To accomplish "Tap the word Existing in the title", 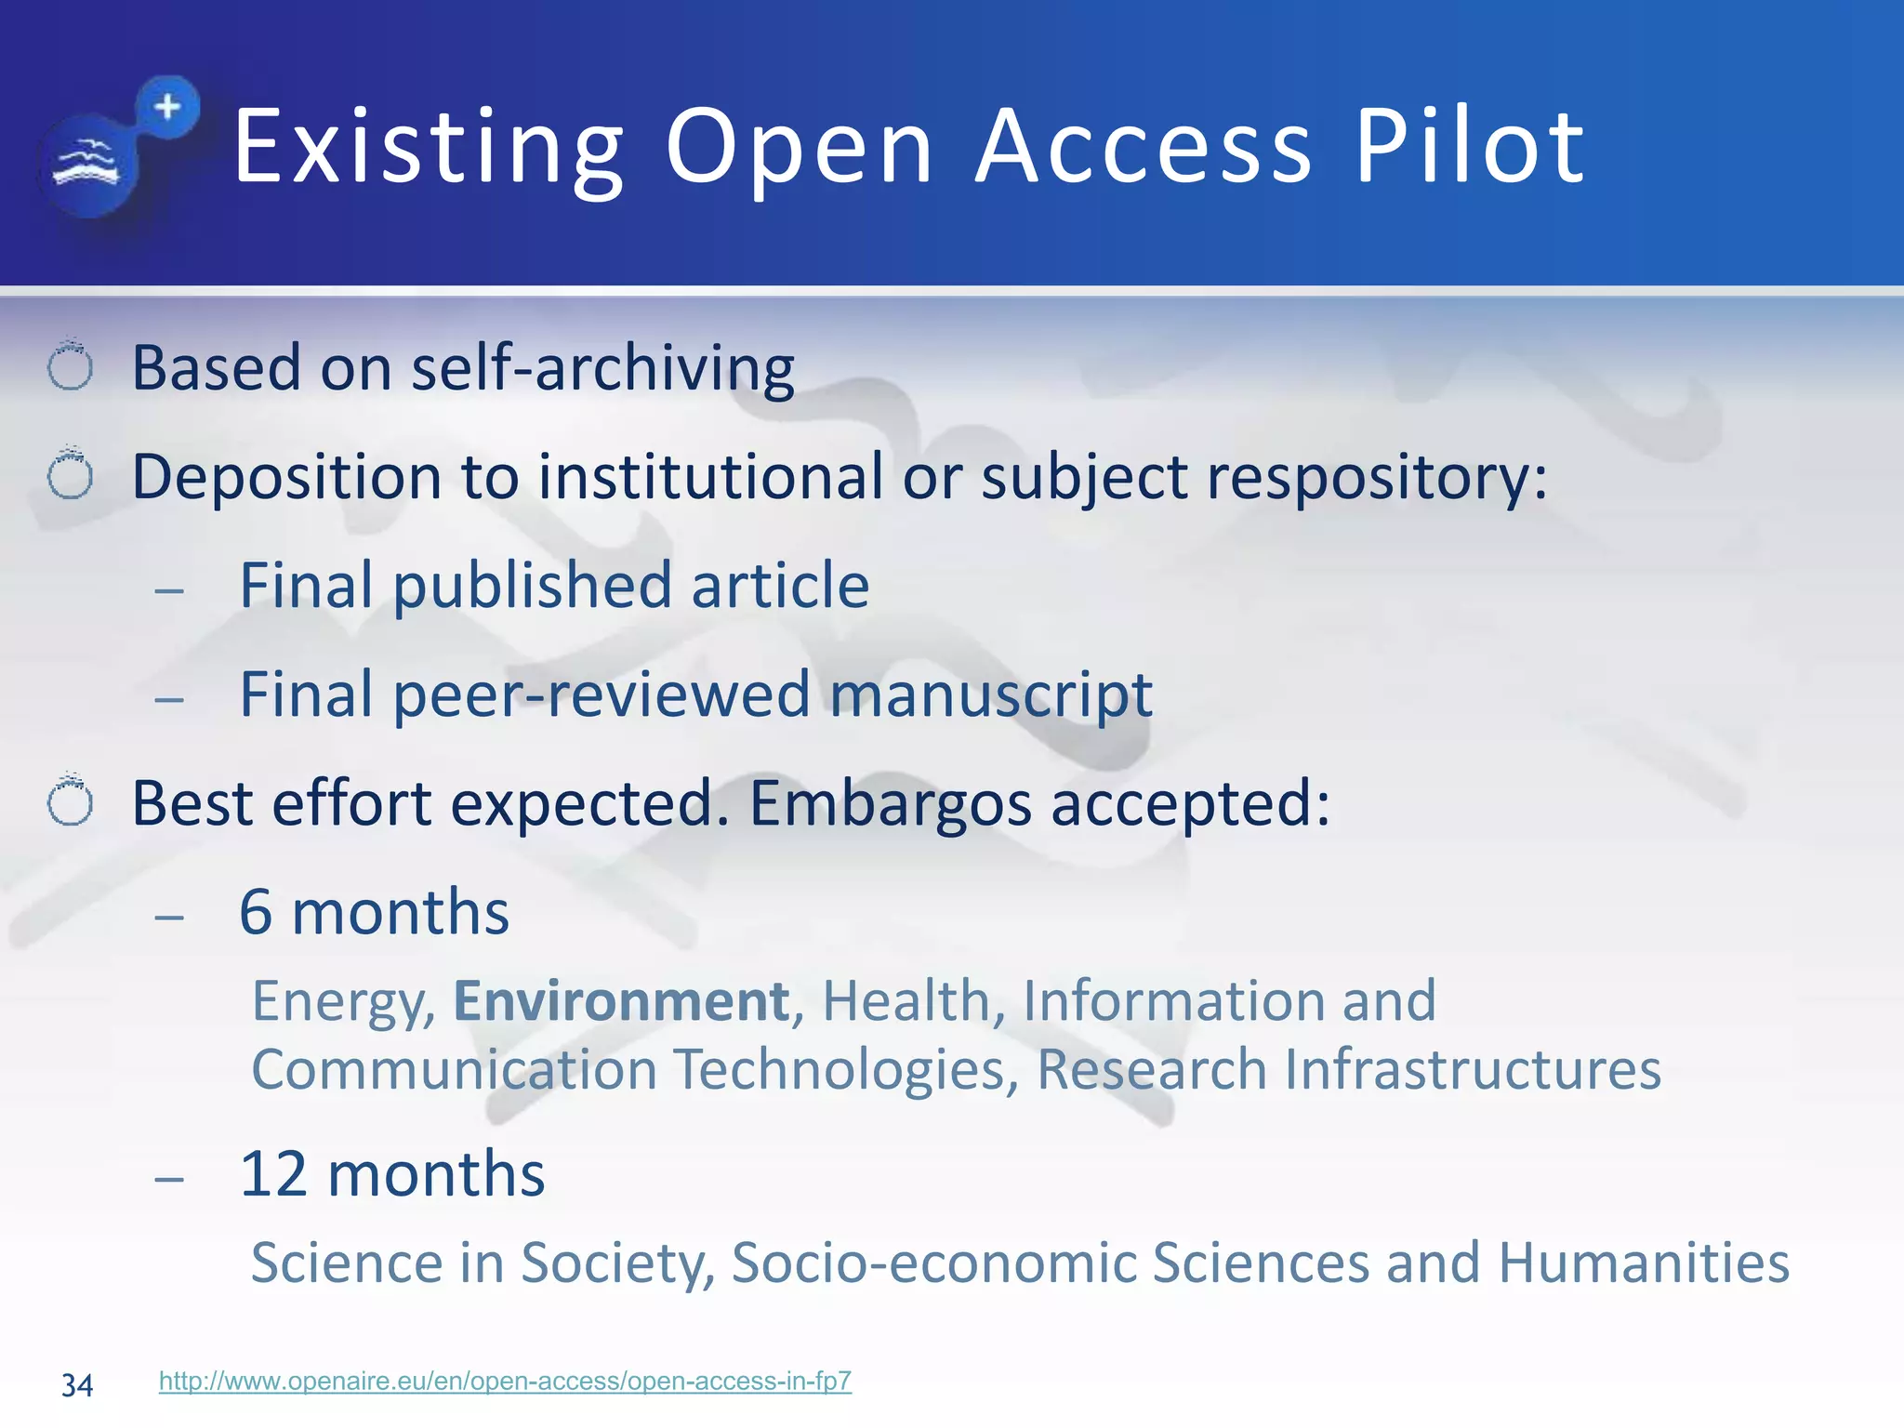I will [x=429, y=147].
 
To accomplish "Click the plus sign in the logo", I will [x=168, y=107].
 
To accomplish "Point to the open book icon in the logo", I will [x=86, y=165].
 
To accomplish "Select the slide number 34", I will [x=77, y=1385].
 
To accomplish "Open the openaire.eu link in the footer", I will [x=505, y=1381].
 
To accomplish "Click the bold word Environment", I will [x=621, y=1001].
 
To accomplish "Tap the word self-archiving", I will [x=603, y=368].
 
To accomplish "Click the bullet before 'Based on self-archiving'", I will [x=71, y=366].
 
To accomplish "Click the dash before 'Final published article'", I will [x=170, y=589].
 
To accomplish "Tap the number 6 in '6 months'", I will [x=256, y=912].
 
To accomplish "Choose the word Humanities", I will [x=1644, y=1263].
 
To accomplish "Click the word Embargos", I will [x=890, y=803].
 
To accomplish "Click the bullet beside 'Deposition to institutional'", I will [x=71, y=476].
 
